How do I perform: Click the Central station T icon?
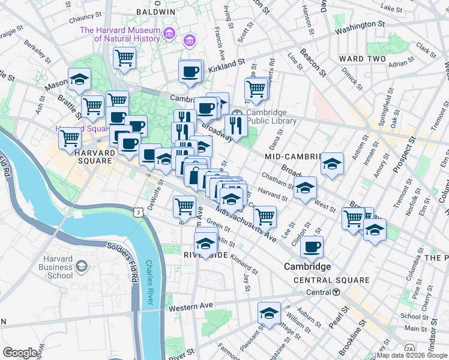tap(337, 292)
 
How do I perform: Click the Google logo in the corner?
tap(20, 352)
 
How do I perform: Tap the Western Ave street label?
tap(191, 306)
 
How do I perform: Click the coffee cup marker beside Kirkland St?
tap(190, 71)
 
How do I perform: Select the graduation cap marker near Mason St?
tap(79, 79)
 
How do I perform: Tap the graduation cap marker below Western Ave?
tap(270, 313)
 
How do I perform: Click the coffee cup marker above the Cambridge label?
tap(312, 246)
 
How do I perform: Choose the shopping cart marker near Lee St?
tap(265, 215)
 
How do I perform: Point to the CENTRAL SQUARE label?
tap(331, 280)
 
